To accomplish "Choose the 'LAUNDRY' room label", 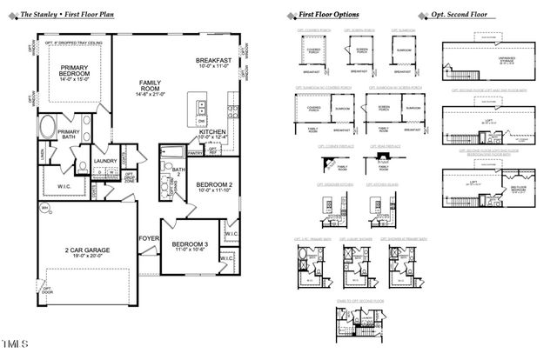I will coord(105,161).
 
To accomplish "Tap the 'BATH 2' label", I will coord(179,171).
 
